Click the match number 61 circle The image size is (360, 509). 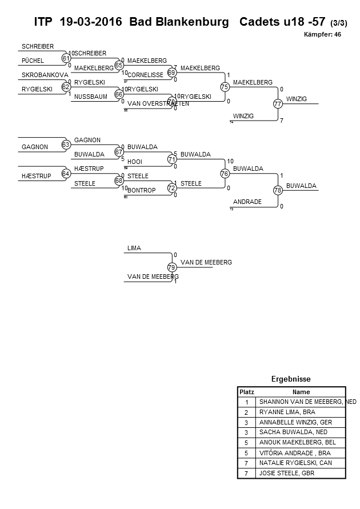pos(66,58)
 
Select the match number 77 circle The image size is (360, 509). pos(278,104)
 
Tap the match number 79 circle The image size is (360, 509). pos(171,267)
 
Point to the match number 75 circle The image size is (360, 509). pos(225,87)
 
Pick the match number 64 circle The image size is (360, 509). pos(66,174)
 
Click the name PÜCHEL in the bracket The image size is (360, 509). pos(33,61)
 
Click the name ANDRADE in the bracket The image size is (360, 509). pos(247,202)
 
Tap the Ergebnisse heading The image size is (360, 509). pos(291,379)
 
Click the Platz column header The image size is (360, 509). pos(247,392)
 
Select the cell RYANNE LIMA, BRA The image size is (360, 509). pos(284,412)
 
